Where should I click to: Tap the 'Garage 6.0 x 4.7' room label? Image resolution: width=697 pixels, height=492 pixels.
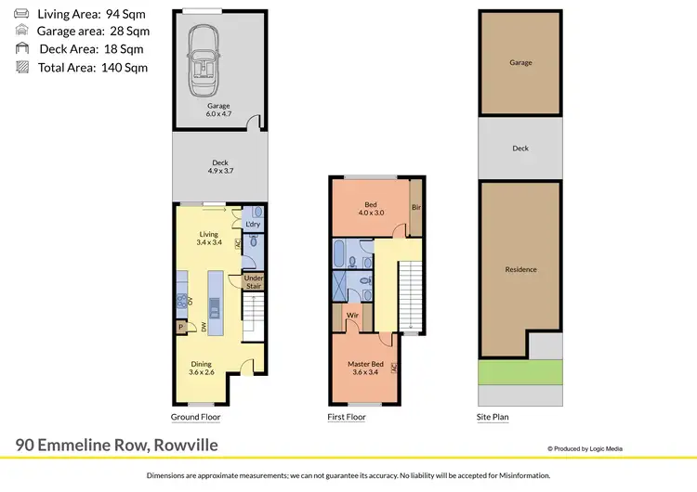218,110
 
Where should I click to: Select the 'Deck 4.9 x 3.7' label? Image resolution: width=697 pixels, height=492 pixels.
218,167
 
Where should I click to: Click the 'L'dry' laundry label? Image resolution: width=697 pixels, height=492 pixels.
253,225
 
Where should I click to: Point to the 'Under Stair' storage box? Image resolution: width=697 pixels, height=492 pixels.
254,282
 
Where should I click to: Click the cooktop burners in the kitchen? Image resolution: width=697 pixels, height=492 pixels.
182,299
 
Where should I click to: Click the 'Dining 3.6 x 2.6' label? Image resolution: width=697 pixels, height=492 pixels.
201,369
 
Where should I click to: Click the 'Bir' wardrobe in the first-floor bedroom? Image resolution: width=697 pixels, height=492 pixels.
416,208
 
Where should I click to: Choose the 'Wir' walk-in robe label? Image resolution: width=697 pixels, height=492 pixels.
353,316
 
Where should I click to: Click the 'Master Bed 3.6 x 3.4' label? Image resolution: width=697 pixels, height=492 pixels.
365,369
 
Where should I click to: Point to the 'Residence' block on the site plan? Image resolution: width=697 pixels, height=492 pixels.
520,269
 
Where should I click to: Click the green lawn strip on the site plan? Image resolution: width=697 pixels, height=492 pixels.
520,372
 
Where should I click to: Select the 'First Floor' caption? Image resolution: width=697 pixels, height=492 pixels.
346,418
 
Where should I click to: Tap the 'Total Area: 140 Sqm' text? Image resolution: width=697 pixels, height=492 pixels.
92,67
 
